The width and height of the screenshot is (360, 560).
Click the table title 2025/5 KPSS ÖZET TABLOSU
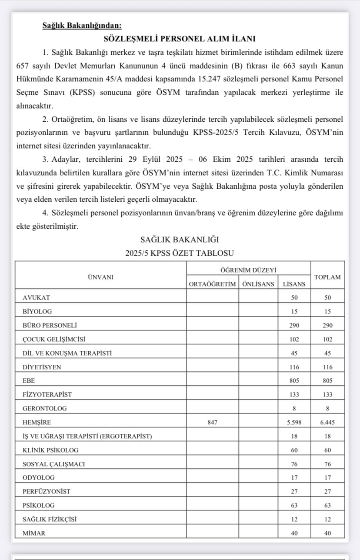click(x=180, y=253)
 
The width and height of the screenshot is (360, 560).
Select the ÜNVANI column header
click(x=100, y=277)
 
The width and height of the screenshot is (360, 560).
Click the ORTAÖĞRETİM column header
click(x=213, y=284)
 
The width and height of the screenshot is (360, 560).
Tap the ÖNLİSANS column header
click(x=258, y=284)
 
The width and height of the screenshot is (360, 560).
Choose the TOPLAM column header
click(x=327, y=277)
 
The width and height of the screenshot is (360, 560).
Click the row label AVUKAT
click(x=37, y=297)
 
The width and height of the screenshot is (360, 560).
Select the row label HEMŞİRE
click(x=37, y=422)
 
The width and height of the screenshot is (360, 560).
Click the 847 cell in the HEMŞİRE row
click(x=213, y=422)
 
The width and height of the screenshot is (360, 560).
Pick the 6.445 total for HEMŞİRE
click(x=327, y=422)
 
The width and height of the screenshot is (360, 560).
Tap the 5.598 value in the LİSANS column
click(x=294, y=422)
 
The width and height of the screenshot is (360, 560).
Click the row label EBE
click(x=29, y=380)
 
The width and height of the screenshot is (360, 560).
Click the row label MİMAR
click(x=34, y=533)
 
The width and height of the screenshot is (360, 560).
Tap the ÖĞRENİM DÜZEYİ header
click(x=248, y=270)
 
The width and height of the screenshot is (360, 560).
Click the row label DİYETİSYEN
click(x=42, y=367)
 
